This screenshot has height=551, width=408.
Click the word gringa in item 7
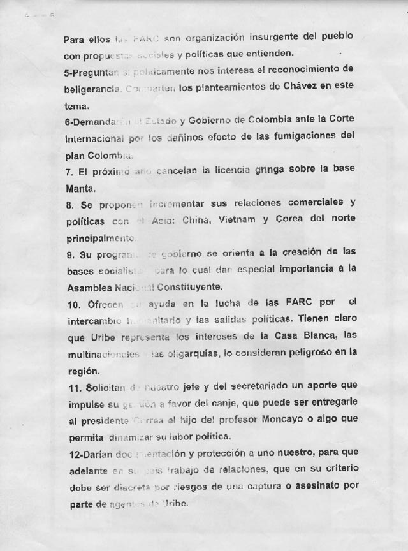[253, 171]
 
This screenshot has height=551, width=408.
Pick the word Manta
[80, 189]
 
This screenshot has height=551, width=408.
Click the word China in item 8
[200, 221]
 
